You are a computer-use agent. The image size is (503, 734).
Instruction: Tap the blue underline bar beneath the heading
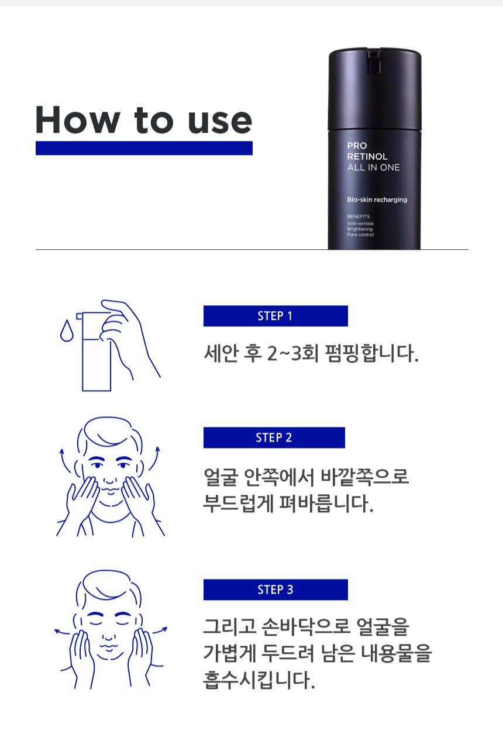144,148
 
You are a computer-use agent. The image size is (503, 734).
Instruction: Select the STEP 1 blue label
275,316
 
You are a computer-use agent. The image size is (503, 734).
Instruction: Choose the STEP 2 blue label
274,437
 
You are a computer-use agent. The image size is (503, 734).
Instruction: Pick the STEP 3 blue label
275,590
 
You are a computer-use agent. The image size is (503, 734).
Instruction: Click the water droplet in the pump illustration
67,330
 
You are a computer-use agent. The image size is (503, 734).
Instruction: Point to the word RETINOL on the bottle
367,156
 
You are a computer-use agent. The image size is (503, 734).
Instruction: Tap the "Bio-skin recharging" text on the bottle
377,199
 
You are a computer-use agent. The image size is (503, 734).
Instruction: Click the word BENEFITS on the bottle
358,216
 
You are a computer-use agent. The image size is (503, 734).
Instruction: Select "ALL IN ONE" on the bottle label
373,167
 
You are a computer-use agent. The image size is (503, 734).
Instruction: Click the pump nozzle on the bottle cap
373,61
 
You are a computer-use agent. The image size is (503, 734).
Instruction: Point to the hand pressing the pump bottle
128,337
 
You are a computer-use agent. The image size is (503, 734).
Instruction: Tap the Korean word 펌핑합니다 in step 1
371,354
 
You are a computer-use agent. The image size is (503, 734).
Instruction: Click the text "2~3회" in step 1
292,354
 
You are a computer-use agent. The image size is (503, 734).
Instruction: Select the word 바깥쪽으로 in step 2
364,477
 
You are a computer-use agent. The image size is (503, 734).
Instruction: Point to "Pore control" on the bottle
360,235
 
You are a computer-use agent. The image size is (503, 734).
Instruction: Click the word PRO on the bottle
357,146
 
